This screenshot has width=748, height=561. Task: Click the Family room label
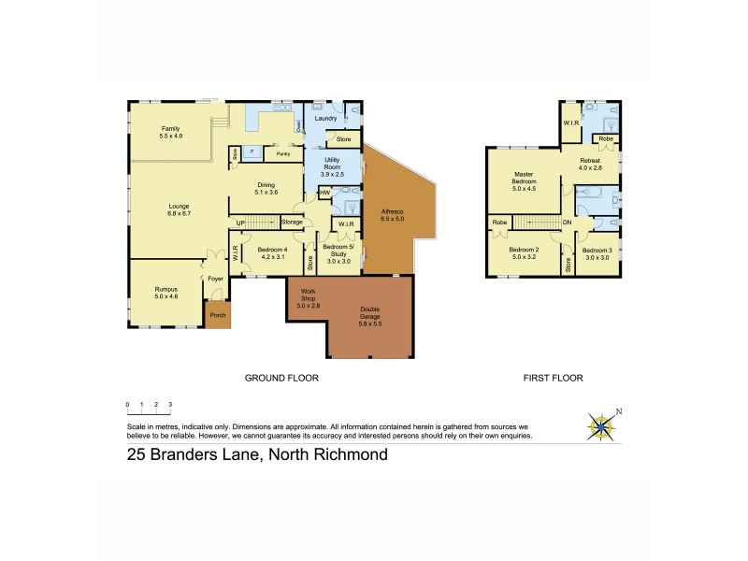pyautogui.click(x=170, y=132)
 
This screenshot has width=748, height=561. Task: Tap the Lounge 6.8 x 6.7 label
pyautogui.click(x=180, y=209)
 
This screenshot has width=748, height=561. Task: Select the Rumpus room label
pyautogui.click(x=165, y=293)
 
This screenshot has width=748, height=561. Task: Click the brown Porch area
pyautogui.click(x=218, y=315)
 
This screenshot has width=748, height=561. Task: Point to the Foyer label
pyautogui.click(x=215, y=278)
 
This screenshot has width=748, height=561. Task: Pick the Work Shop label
pyautogui.click(x=308, y=299)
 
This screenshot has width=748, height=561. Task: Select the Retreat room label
pyautogui.click(x=593, y=165)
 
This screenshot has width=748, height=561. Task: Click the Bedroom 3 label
pyautogui.click(x=596, y=252)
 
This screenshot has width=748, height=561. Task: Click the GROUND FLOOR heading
pyautogui.click(x=281, y=379)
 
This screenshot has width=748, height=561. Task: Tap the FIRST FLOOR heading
pyautogui.click(x=552, y=379)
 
